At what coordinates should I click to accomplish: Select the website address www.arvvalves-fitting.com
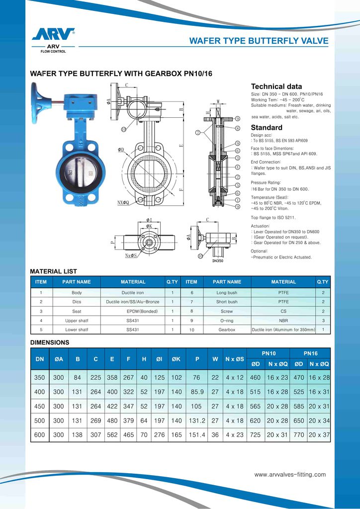[290, 475]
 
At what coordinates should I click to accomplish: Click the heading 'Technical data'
[276, 86]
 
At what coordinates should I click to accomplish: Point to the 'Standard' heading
[267, 127]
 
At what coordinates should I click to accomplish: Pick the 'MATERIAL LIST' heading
[54, 271]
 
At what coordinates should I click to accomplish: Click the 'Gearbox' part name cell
[227, 330]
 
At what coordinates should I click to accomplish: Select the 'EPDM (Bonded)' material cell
[142, 311]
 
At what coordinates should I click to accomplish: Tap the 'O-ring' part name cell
[227, 321]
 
